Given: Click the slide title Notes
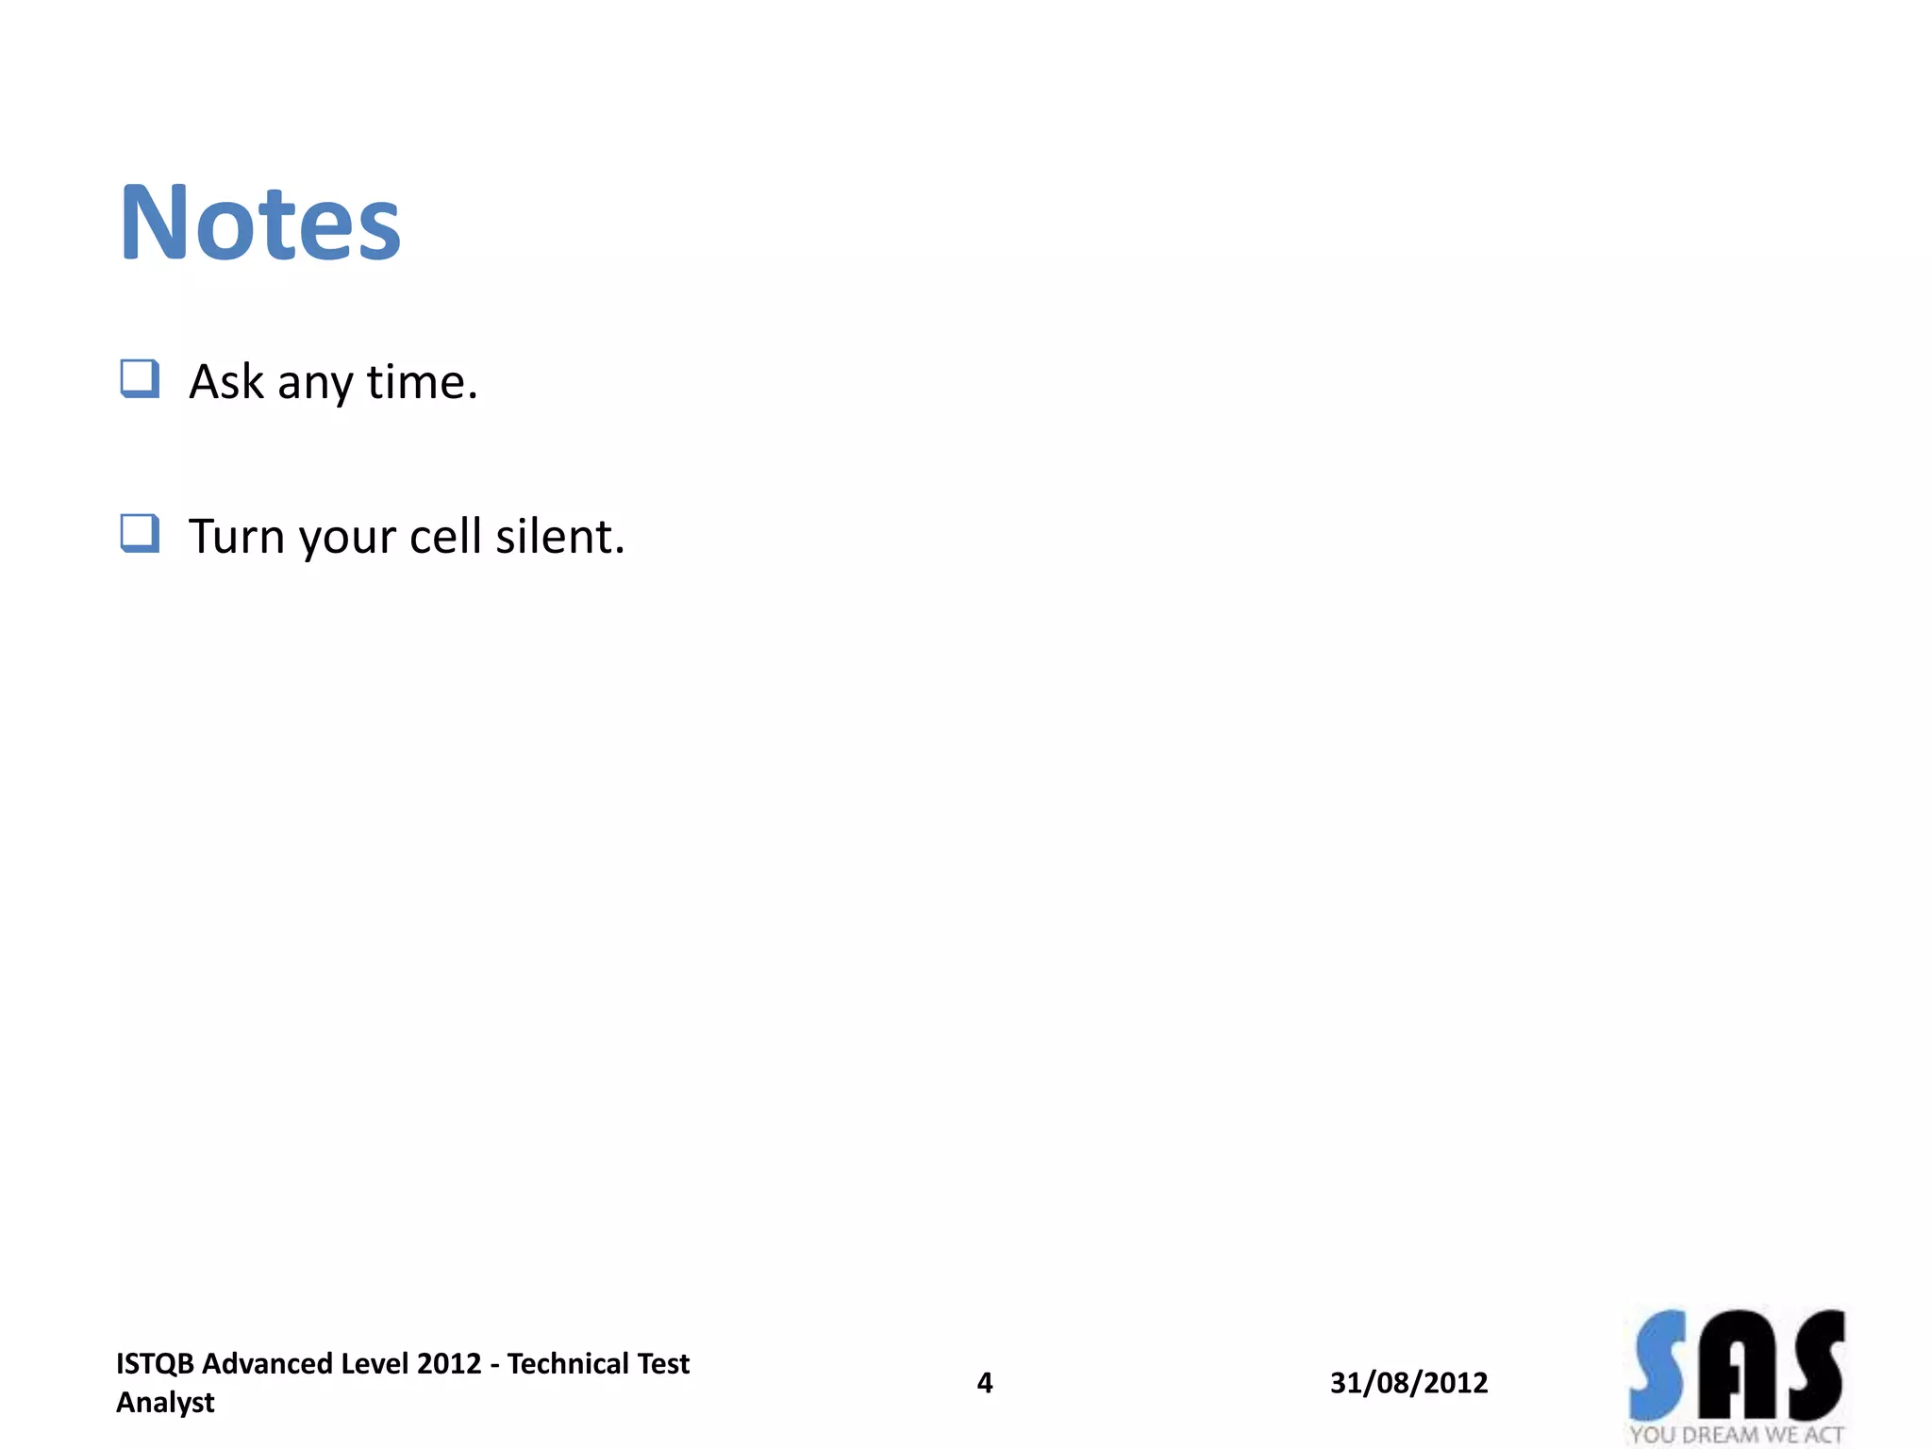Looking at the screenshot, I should point(260,224).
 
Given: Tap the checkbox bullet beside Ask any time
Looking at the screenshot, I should point(140,379).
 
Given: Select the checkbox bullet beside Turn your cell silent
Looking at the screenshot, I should point(140,534).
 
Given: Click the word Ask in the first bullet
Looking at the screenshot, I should point(226,382).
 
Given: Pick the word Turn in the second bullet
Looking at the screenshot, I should point(237,537).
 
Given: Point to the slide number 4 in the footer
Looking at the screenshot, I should point(984,1383).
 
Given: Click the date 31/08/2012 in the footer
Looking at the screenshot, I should point(1408,1383).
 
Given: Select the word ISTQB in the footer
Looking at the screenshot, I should point(155,1364).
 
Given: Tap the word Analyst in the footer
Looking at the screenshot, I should point(165,1403).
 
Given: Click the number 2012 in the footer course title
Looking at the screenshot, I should point(449,1364).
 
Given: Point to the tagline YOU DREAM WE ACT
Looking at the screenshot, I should point(1736,1435).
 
